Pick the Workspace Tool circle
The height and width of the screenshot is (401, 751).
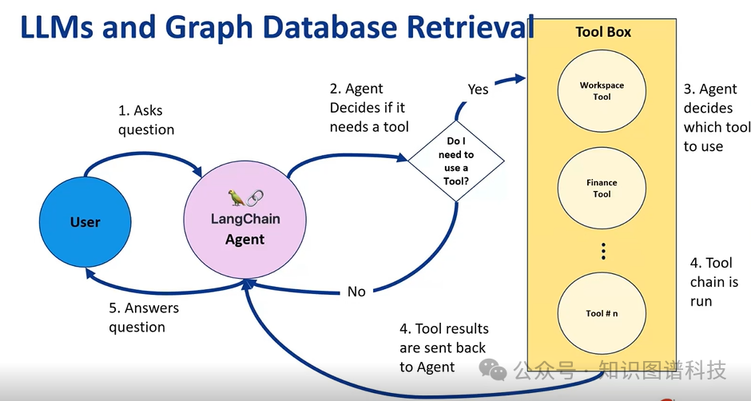tap(602, 91)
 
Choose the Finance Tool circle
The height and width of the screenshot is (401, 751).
tap(602, 189)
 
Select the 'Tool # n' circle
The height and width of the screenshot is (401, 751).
tap(602, 313)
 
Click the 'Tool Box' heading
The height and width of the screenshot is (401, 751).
tap(603, 32)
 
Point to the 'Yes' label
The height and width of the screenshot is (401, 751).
tap(478, 89)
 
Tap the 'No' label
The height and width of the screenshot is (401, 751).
tap(356, 292)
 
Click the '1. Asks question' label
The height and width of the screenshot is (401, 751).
tap(146, 120)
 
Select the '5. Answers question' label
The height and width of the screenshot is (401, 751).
tap(144, 317)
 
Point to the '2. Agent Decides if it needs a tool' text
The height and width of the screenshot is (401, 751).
tap(368, 108)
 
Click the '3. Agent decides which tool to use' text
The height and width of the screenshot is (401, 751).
tap(716, 117)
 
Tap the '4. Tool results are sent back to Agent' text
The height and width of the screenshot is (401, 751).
tap(443, 347)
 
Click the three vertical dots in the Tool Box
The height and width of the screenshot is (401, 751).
tap(603, 252)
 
